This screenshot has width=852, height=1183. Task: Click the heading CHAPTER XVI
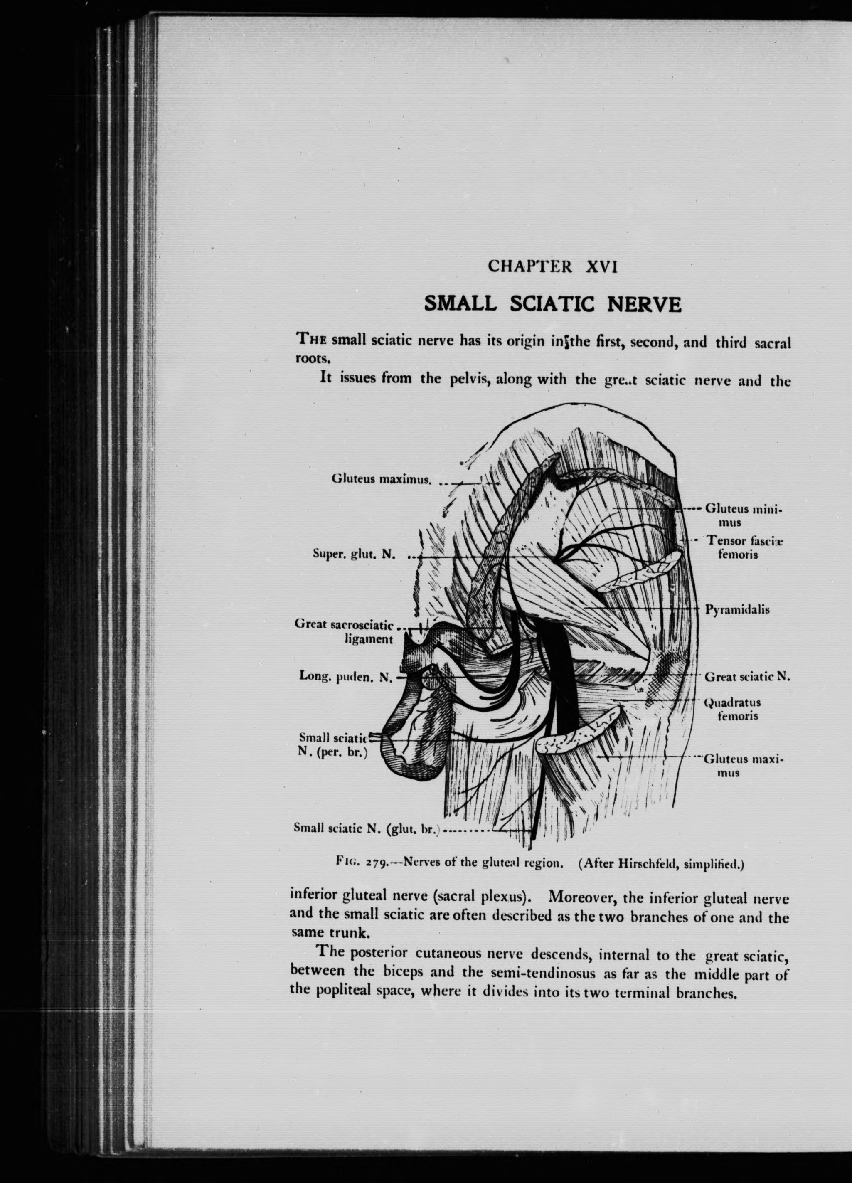click(x=553, y=266)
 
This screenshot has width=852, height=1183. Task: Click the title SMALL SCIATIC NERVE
click(x=553, y=303)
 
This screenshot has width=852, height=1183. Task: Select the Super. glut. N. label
click(x=354, y=554)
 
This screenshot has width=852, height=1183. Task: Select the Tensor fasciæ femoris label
click(x=745, y=547)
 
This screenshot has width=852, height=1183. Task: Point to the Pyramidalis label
click(x=737, y=609)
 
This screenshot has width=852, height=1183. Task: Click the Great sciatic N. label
click(x=747, y=677)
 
